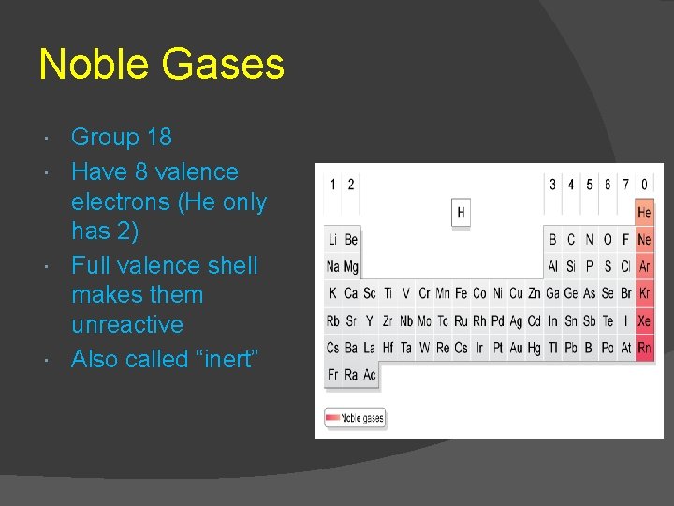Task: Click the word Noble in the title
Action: [93, 65]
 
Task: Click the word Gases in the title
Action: [222, 65]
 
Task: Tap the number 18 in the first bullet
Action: [159, 138]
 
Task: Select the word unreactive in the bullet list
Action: [127, 325]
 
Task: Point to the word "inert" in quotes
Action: [222, 359]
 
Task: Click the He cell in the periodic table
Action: [644, 213]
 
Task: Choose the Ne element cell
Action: [644, 240]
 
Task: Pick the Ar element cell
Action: [644, 267]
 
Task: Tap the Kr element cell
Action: [644, 294]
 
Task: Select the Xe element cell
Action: [644, 321]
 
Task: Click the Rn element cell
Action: [644, 349]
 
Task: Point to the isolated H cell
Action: [461, 213]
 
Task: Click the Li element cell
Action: [333, 240]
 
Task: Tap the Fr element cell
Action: [333, 375]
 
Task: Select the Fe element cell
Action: [461, 294]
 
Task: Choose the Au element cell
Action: [516, 349]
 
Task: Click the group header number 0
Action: [644, 185]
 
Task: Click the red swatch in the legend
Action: [332, 419]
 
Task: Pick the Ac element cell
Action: [370, 375]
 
